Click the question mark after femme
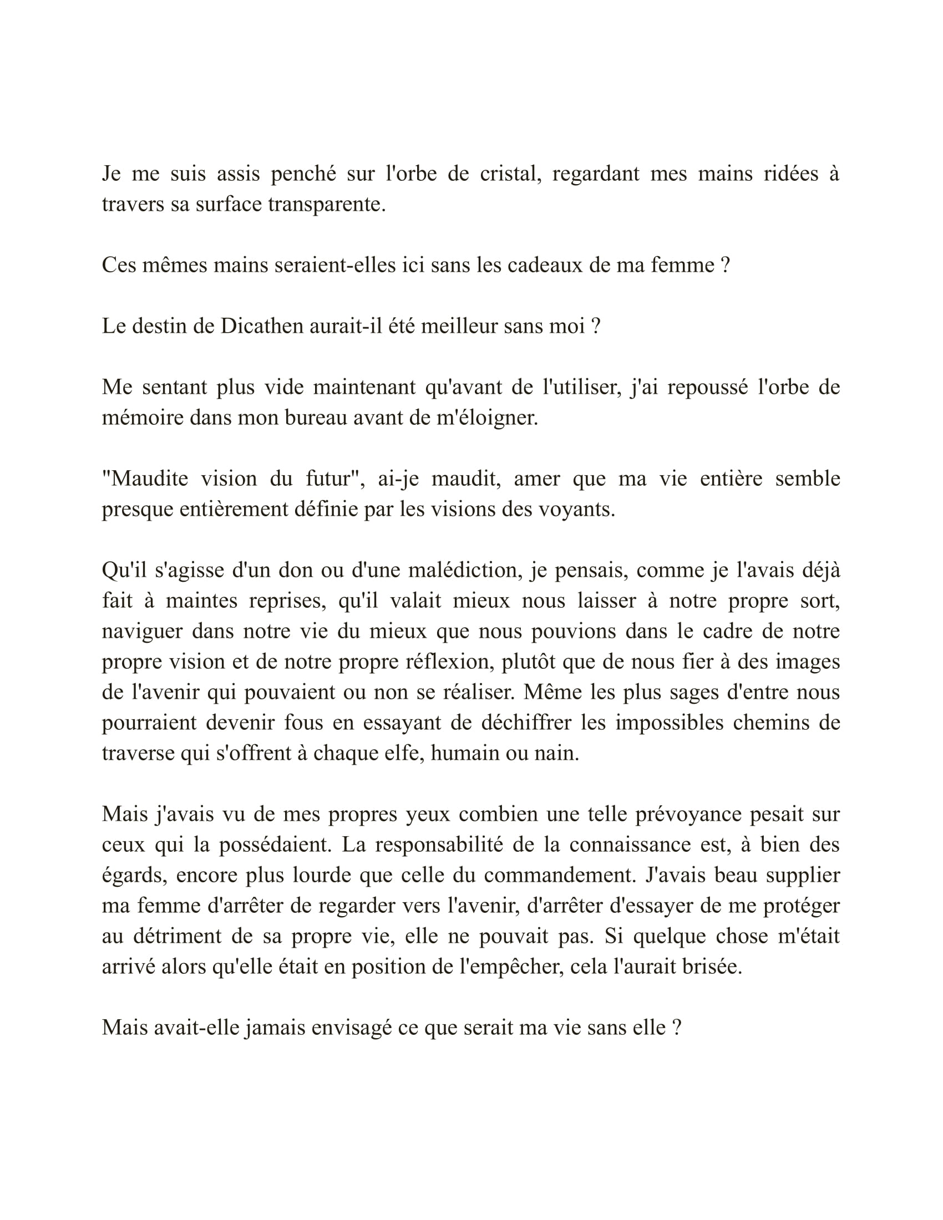[x=725, y=265]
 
